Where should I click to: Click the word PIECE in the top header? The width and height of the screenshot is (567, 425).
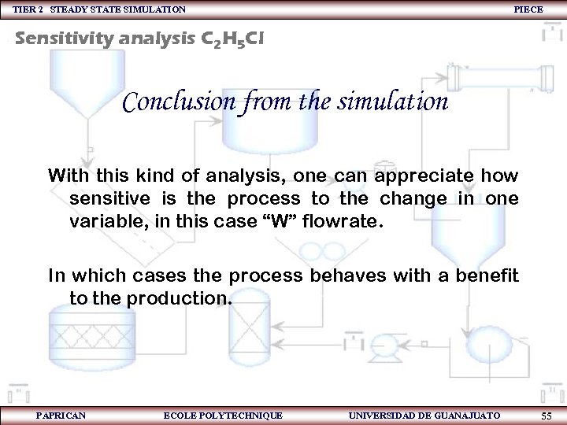click(528, 9)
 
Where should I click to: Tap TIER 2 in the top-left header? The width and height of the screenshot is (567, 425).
click(28, 9)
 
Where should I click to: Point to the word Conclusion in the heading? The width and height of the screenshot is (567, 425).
click(179, 102)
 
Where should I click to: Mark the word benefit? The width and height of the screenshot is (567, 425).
click(487, 276)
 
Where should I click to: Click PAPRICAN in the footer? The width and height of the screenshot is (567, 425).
click(61, 416)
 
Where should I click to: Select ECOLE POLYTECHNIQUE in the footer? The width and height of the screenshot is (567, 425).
click(222, 416)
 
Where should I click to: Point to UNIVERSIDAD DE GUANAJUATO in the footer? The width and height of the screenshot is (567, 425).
click(423, 416)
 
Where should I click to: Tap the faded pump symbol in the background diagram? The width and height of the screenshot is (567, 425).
click(384, 346)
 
